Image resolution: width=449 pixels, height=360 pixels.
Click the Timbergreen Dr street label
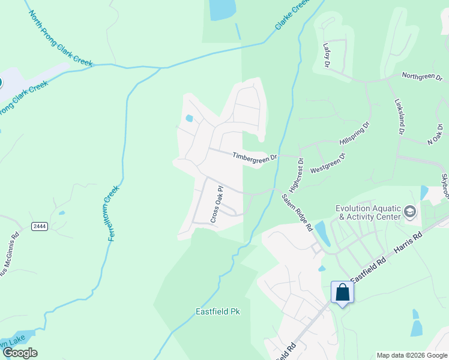[255, 156]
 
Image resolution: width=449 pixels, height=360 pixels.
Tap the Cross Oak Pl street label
[216, 205]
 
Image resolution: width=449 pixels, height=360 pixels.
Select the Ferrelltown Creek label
[113, 214]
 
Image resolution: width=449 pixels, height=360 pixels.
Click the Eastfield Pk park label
[218, 312]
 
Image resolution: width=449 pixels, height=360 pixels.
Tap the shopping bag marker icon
[342, 292]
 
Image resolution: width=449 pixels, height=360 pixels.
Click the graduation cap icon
[410, 211]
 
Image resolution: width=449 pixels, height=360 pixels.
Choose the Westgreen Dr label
[328, 164]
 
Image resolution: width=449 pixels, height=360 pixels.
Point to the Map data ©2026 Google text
[411, 355]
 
